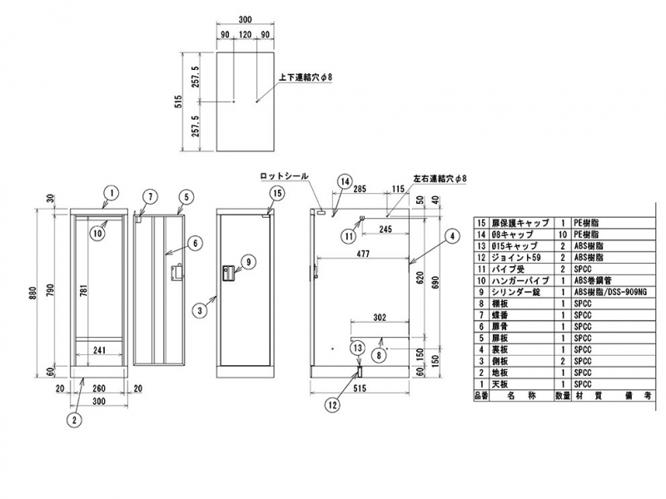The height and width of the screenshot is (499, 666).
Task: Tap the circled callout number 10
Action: [97, 234]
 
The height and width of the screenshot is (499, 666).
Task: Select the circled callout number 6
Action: [193, 243]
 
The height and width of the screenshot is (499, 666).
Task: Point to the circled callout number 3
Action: [199, 311]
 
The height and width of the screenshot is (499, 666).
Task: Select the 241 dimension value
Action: [98, 350]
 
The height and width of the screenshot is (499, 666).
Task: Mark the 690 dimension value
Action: [437, 287]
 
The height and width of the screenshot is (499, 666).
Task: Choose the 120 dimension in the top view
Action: [245, 36]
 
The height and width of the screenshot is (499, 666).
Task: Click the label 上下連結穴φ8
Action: [304, 77]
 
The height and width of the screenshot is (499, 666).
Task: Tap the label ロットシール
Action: [283, 176]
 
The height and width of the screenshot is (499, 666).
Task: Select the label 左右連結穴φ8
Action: [440, 179]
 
